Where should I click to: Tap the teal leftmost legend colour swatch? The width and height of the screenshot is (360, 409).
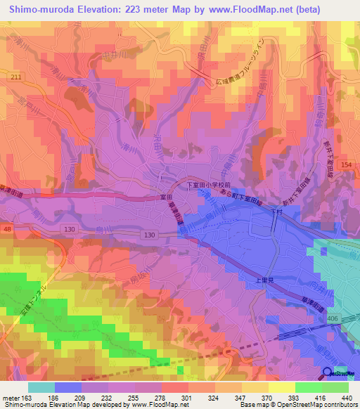41,387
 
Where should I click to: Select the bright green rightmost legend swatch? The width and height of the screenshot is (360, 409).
335,387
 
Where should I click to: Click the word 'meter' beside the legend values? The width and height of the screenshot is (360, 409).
12,396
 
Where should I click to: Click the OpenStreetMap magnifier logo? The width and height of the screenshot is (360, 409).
328,374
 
